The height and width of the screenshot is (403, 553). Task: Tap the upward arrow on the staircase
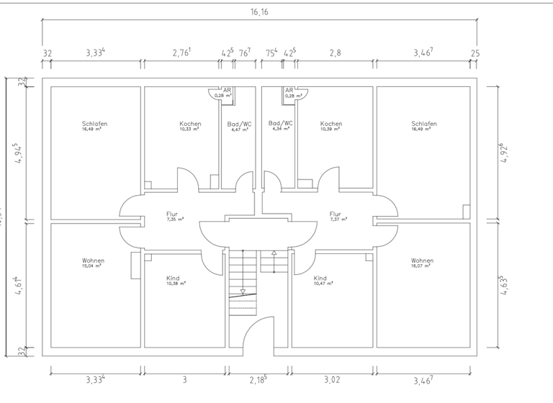(274, 253)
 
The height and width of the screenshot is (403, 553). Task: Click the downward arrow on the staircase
(243, 291)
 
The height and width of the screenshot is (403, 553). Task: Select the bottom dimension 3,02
(332, 379)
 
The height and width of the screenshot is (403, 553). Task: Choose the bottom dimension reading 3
(184, 379)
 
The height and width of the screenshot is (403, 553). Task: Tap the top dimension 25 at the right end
(475, 53)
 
